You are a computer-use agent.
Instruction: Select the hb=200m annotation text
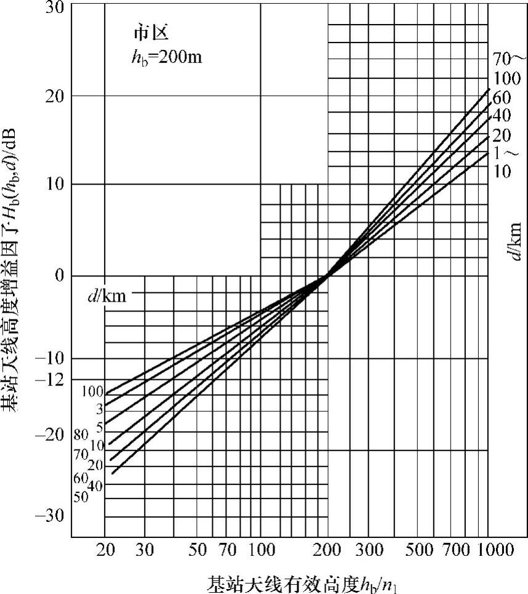tap(163, 58)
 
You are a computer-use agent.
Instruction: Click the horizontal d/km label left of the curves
tap(107, 296)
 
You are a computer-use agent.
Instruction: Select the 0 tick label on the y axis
tap(59, 275)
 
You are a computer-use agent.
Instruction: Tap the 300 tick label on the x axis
tap(367, 550)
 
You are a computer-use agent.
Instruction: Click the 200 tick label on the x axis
tap(327, 550)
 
